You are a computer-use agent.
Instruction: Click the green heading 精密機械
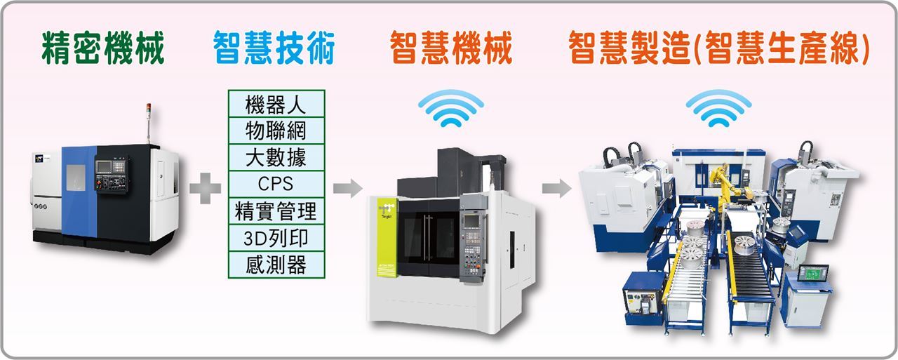coord(102,48)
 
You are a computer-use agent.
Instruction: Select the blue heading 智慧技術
coord(274,48)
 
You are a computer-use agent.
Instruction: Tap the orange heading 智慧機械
coord(451,48)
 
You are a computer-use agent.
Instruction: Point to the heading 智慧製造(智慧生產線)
coord(719,48)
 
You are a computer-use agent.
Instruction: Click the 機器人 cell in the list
coord(276,104)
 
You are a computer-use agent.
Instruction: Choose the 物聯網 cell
coord(276,131)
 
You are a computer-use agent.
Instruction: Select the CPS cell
coord(276,185)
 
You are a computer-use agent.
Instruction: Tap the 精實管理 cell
coord(276,211)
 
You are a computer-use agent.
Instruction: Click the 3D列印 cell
coord(276,238)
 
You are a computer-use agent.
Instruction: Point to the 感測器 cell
coord(276,265)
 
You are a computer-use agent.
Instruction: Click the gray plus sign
coord(206,188)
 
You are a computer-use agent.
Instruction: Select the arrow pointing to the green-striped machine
coord(347,188)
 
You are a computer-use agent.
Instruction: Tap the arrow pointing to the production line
coord(557,188)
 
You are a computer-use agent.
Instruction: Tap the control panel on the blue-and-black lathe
coord(112,174)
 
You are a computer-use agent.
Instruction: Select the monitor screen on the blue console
coord(813,273)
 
